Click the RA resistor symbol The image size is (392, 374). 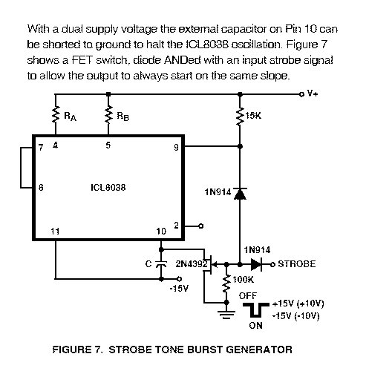[x=56, y=114]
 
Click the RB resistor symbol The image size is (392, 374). [x=108, y=114]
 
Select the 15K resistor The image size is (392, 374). [x=240, y=117]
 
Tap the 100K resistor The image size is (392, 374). [x=226, y=283]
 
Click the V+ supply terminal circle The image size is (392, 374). [x=301, y=94]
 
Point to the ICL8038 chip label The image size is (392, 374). [x=108, y=188]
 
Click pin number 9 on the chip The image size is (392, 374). [x=176, y=148]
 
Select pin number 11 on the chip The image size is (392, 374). [x=55, y=232]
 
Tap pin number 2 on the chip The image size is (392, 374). [x=176, y=226]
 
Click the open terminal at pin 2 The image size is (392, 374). [x=200, y=226]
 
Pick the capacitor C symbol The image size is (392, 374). [x=161, y=264]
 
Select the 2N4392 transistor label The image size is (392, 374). [x=192, y=264]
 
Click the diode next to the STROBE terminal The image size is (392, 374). [x=256, y=264]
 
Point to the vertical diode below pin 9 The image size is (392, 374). [x=240, y=194]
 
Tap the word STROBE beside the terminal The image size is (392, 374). [x=297, y=264]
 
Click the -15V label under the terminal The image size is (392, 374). [x=179, y=289]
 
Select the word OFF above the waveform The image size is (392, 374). [x=248, y=296]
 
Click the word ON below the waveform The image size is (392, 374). [x=255, y=326]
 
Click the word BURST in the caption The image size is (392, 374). [x=204, y=350]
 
